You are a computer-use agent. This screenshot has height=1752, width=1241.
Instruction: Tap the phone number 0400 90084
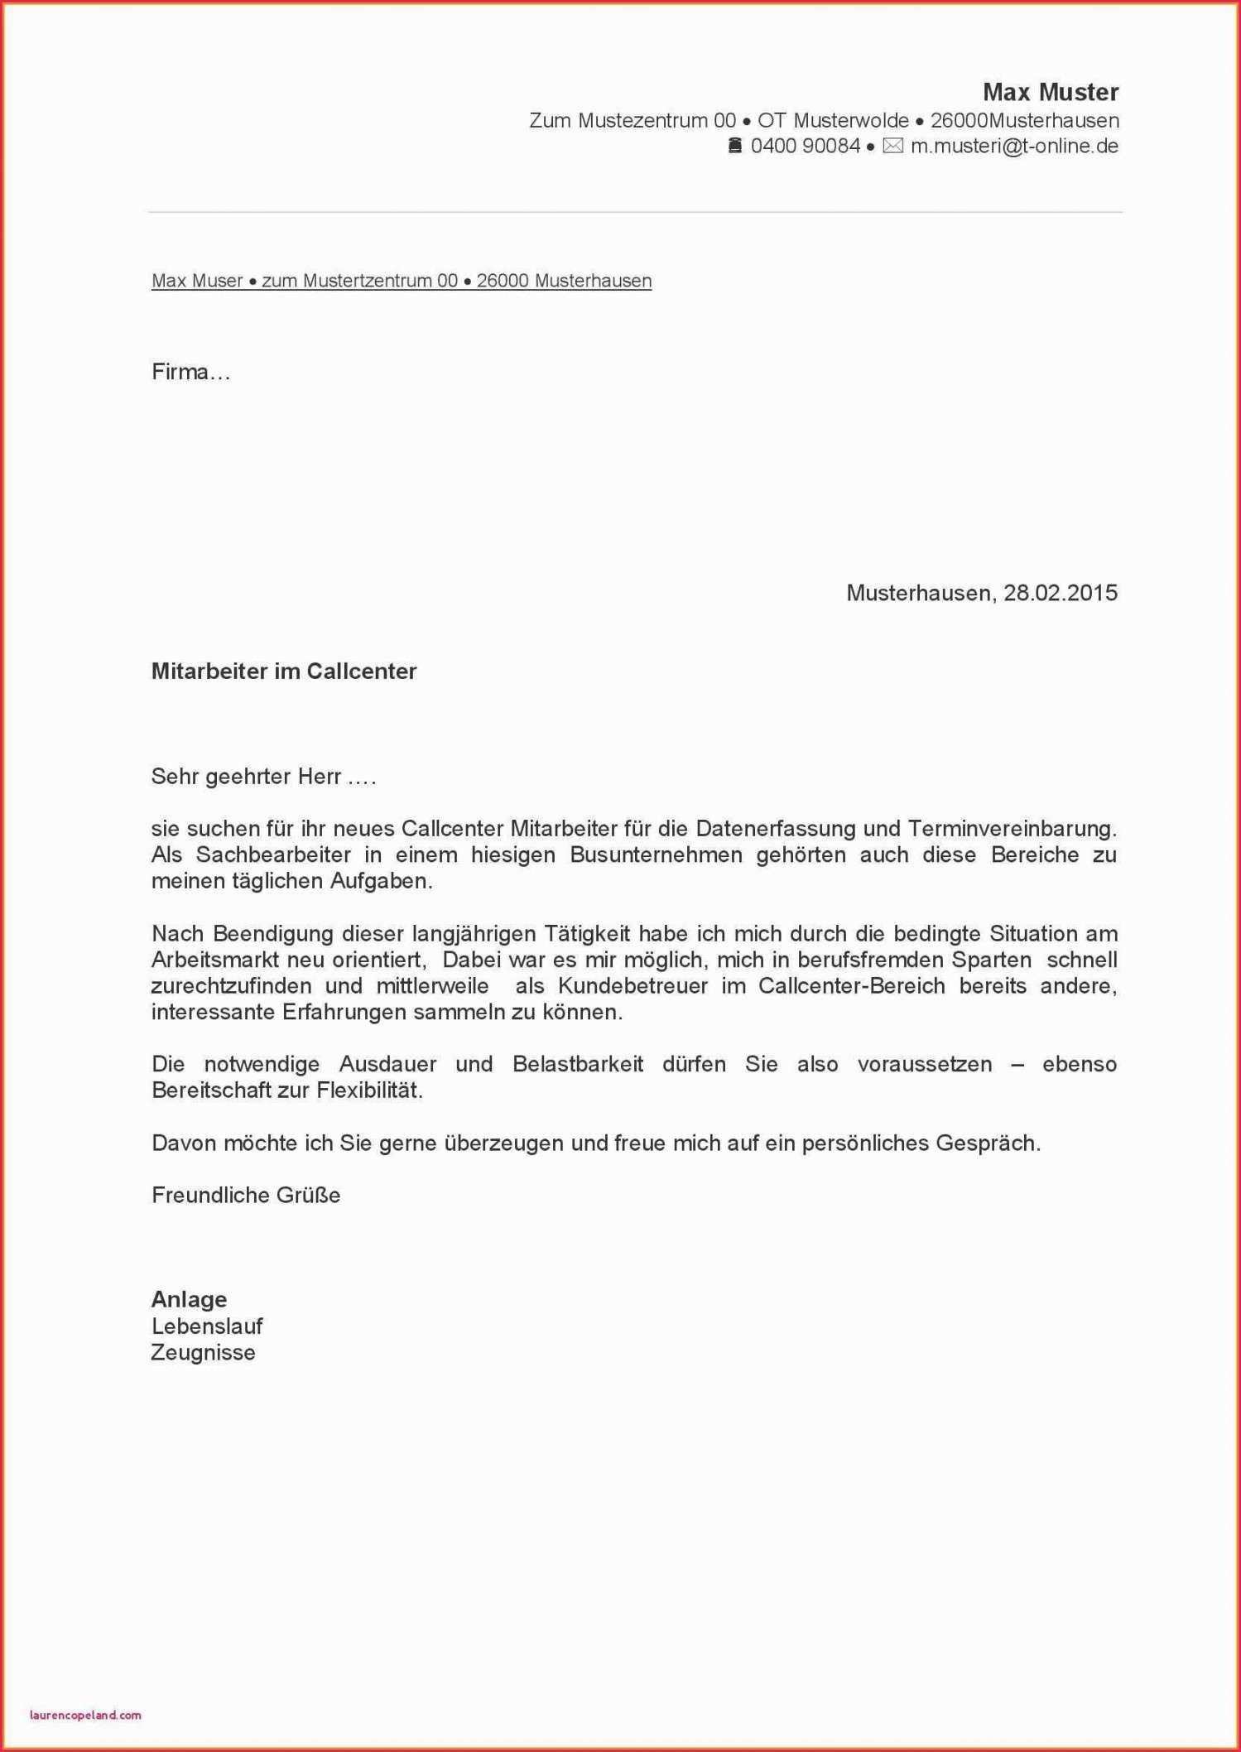pos(805,147)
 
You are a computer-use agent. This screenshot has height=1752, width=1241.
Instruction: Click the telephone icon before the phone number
pos(734,147)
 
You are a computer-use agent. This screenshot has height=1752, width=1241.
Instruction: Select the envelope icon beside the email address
pos(892,147)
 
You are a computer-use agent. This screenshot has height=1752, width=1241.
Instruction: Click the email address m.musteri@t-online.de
pos(1014,147)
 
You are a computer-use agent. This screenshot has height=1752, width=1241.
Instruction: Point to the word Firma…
pos(190,373)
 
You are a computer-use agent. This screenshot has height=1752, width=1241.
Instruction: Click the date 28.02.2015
pos(1060,593)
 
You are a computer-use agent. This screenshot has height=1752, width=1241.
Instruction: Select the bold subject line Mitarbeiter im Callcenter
pos(283,671)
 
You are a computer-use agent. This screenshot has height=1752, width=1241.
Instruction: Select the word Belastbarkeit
pos(577,1065)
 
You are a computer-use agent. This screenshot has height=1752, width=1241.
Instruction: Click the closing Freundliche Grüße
pos(246,1196)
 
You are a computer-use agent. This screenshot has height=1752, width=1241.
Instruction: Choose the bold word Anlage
pos(189,1300)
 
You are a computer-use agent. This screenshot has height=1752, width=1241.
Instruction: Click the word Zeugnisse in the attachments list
pos(203,1353)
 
